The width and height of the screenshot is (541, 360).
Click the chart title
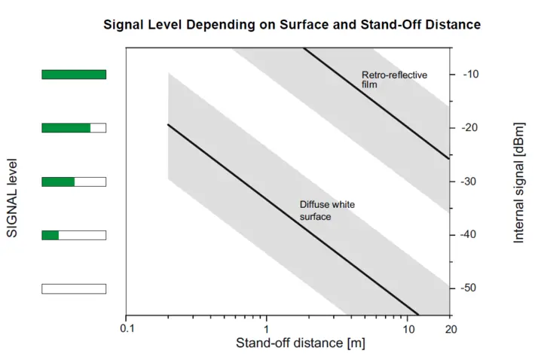291,25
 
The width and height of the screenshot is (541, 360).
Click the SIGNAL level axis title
12,197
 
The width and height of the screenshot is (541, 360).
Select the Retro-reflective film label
394,80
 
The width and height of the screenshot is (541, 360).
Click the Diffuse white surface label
327,210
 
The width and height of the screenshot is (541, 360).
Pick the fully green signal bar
74,74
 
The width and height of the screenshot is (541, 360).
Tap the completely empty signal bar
74,288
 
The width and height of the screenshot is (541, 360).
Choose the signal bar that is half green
74,182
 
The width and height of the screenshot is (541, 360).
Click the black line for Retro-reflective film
377,103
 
